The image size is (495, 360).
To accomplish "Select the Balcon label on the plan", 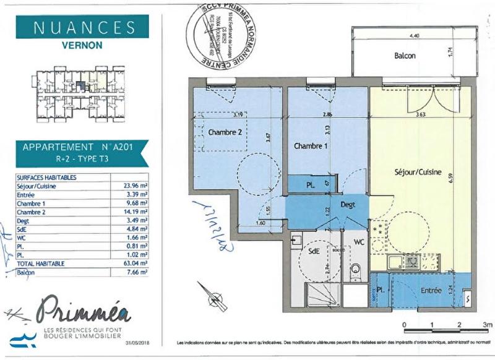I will click(405, 56).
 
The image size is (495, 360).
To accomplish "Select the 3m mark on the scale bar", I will click(487, 324).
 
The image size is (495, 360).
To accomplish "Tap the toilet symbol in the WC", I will click(356, 270).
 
